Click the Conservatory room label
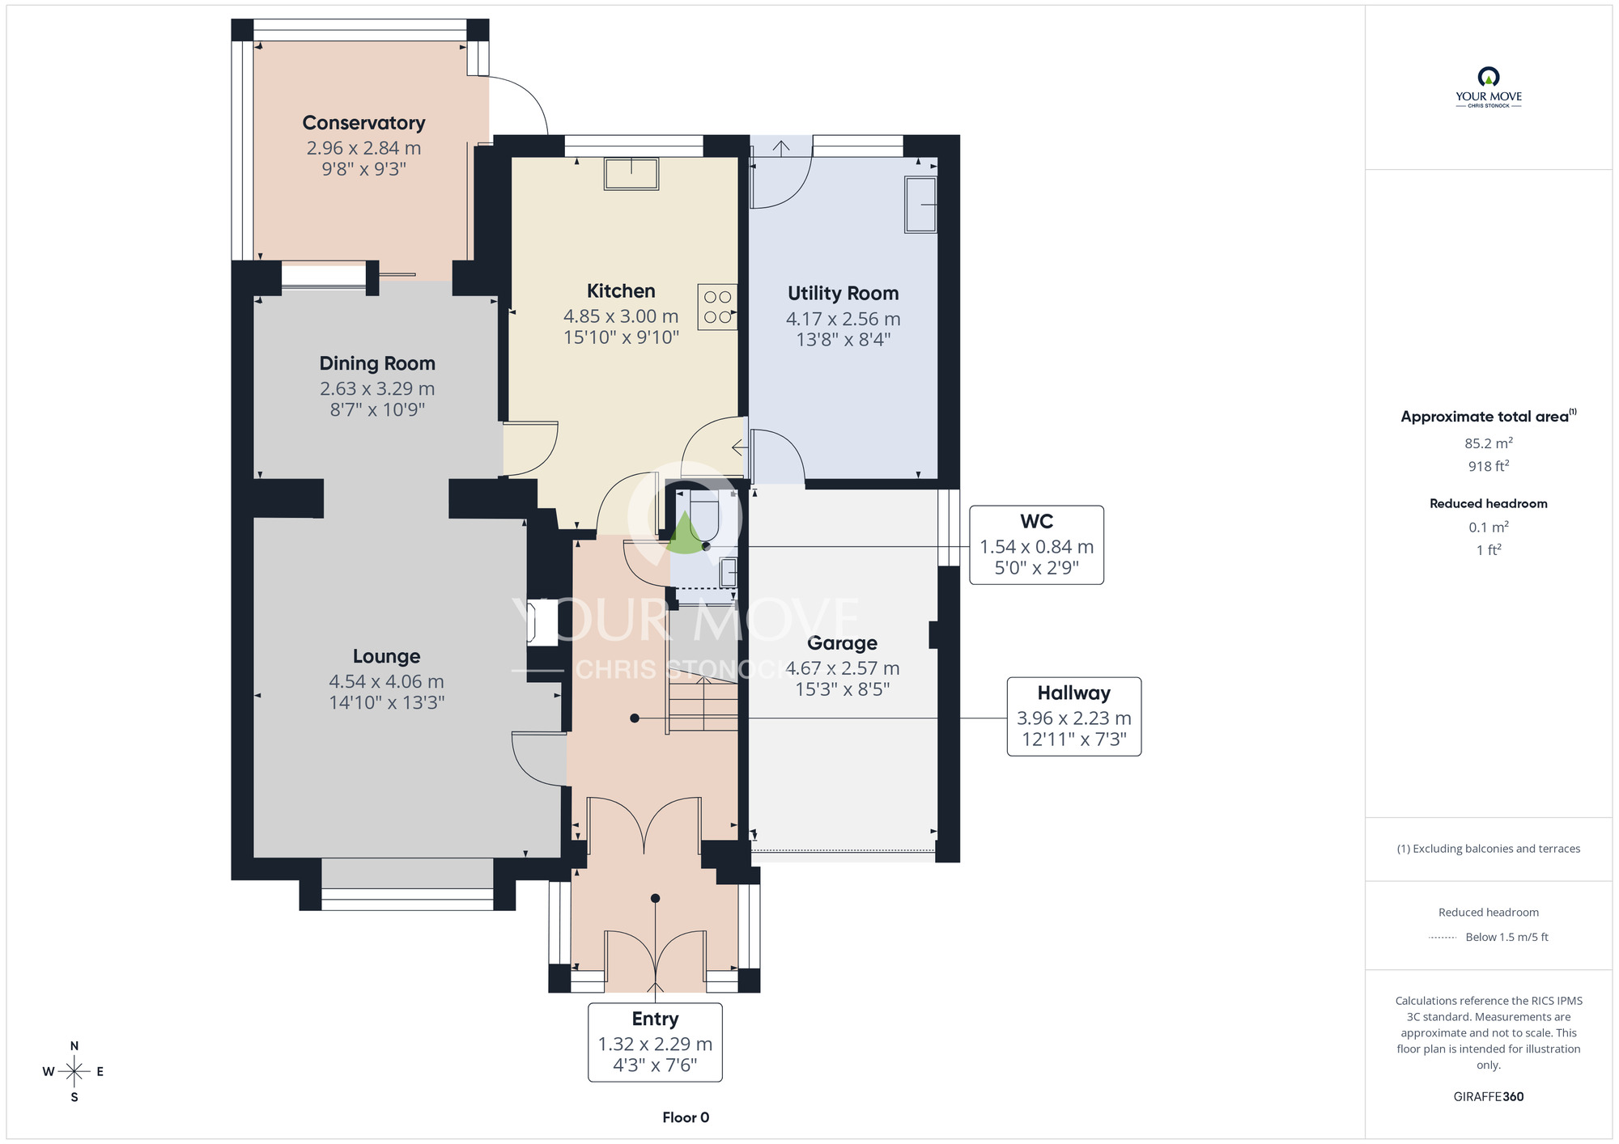coord(363,123)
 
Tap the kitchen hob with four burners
coord(717,307)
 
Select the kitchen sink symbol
coord(631,174)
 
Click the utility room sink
coord(920,205)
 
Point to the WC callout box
coord(1036,545)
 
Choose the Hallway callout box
coord(1074,717)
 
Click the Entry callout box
coord(655,1042)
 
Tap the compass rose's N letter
coord(74,1046)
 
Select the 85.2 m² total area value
coord(1489,443)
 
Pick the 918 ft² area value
coord(1489,466)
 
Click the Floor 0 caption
coord(686,1117)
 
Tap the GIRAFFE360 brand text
coord(1489,1097)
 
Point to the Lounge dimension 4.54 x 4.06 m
coord(386,682)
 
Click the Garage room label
coord(843,643)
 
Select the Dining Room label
coord(377,363)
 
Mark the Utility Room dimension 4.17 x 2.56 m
coord(843,319)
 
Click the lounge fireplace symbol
coord(542,622)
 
